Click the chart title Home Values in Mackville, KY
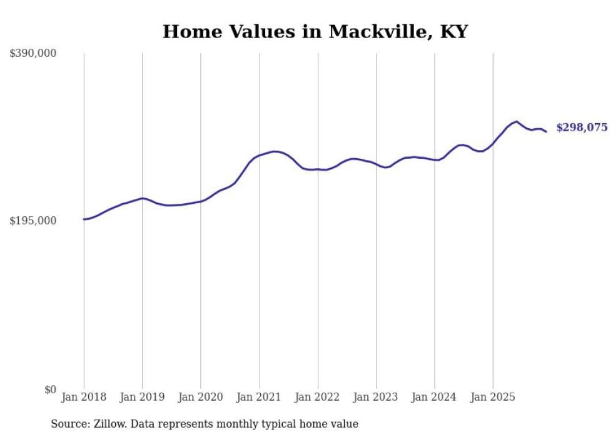point(315,31)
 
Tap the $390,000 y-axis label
point(33,54)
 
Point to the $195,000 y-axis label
point(33,221)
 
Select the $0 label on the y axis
point(50,389)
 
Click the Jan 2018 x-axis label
point(84,397)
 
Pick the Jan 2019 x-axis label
point(142,397)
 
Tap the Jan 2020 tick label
point(200,397)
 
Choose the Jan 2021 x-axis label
point(259,397)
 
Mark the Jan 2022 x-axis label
point(317,397)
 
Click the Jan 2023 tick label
point(376,397)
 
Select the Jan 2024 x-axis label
point(434,397)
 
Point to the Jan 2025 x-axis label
point(493,397)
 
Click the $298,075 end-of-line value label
point(581,128)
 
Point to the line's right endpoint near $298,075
point(546,131)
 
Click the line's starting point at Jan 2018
point(84,219)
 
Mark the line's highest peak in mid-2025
point(517,121)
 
